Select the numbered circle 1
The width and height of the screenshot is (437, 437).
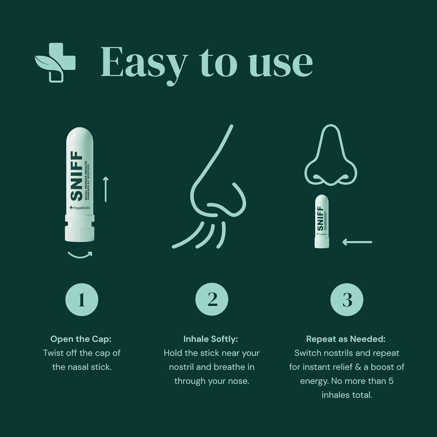[82, 299]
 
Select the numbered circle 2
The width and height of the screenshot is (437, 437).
[212, 299]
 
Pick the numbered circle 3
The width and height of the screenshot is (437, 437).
[347, 299]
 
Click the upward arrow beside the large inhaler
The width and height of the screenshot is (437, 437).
[106, 189]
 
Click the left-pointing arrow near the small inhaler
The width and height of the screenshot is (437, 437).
[357, 242]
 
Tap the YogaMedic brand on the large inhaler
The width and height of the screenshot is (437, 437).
[80, 208]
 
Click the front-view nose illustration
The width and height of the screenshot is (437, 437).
[331, 157]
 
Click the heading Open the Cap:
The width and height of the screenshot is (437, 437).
[81, 339]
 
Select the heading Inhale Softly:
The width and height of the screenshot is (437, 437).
[211, 339]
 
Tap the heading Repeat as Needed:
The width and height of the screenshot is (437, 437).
[346, 339]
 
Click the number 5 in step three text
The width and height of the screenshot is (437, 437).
[391, 381]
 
